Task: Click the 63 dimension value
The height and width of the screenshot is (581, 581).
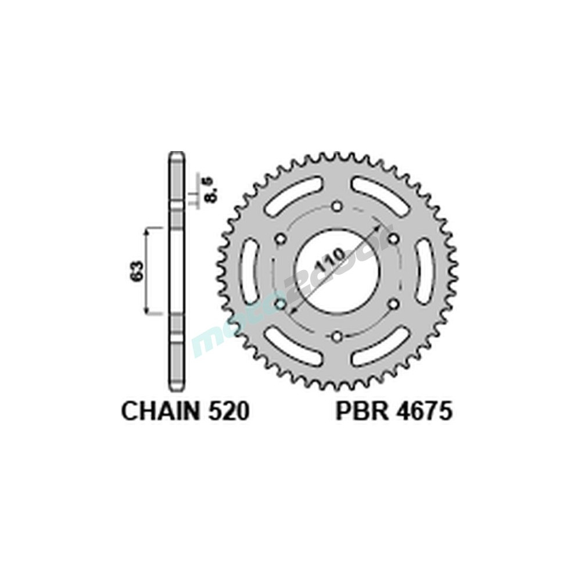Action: pyautogui.click(x=137, y=270)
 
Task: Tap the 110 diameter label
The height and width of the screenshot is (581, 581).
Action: pyautogui.click(x=329, y=260)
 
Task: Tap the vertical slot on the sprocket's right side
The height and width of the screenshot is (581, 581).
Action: pyautogui.click(x=425, y=271)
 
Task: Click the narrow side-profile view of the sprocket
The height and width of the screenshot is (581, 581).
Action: pyautogui.click(x=177, y=271)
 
